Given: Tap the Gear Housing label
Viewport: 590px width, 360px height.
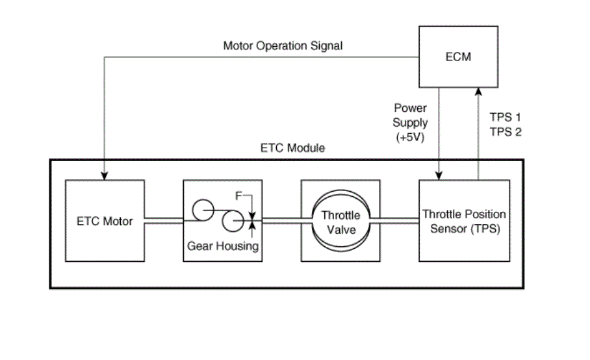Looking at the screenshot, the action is coord(223,246).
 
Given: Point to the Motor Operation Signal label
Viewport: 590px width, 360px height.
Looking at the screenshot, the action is coord(283,46).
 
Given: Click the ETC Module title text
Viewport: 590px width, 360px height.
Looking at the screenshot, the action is coord(293,148).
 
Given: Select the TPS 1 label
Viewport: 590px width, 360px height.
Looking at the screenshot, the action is coord(506,118).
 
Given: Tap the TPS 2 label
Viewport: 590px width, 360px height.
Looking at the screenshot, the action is coord(506,132).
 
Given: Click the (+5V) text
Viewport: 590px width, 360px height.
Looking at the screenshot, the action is coord(410,137).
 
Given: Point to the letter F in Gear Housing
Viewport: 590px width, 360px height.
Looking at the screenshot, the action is coord(238,196).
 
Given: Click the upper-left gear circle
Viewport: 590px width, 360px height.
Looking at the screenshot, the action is coord(203,199).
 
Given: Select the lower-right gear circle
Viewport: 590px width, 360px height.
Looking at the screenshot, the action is coord(233,211).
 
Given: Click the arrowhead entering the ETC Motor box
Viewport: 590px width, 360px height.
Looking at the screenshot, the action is coord(105,175).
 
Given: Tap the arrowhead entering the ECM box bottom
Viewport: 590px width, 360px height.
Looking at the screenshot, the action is coord(478,92).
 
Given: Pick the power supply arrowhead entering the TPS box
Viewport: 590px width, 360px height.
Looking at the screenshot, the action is coord(439,175).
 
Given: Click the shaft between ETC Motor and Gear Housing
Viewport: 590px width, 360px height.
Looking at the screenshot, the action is coord(164,221).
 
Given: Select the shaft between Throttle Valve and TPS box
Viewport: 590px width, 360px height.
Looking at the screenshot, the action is coord(394,221).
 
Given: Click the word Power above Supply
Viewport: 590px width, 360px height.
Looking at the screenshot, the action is coord(410,108).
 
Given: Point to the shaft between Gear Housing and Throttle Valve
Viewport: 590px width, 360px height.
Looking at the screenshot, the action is coord(287,221).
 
